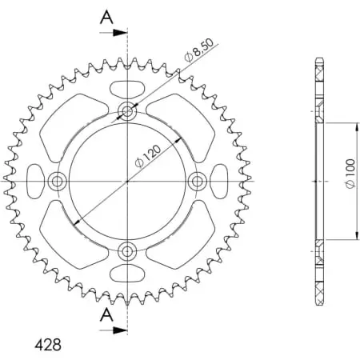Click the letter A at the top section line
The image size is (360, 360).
(x=106, y=18)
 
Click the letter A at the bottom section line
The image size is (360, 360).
(x=106, y=315)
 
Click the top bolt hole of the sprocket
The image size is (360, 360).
(x=127, y=111)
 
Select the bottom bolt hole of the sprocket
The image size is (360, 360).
(x=127, y=253)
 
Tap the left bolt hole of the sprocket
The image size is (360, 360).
(x=57, y=182)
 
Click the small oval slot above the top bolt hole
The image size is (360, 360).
(x=127, y=86)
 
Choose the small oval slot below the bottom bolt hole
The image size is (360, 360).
(x=127, y=277)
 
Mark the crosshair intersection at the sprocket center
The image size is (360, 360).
(x=127, y=182)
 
